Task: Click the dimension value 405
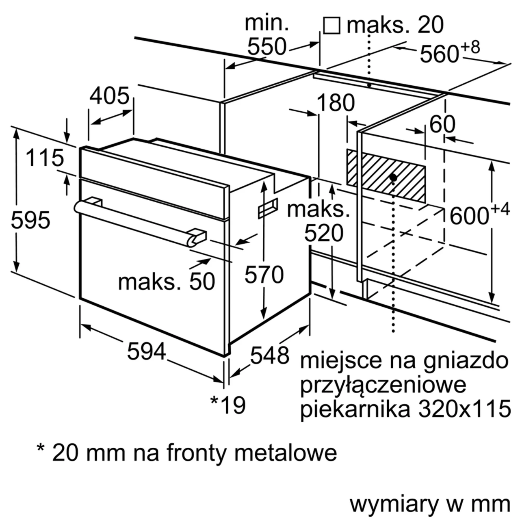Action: (110, 96)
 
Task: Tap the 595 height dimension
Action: (30, 220)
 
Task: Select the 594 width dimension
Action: (146, 351)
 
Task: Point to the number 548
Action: (270, 355)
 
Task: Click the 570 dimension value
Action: (264, 275)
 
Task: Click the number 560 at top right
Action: (440, 54)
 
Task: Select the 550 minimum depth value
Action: (266, 47)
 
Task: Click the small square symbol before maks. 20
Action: (331, 26)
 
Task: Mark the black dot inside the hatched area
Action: (393, 178)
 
